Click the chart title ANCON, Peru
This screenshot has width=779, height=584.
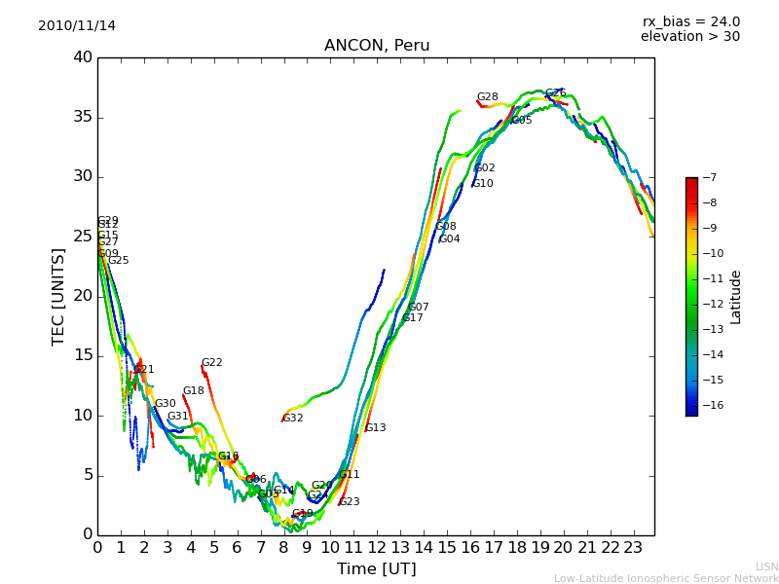[x=377, y=46]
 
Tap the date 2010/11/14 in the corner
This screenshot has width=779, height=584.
[x=77, y=25]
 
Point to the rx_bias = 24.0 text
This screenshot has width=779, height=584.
[x=690, y=21]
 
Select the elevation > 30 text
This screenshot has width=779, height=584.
[x=690, y=37]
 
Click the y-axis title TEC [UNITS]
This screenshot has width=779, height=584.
[x=58, y=296]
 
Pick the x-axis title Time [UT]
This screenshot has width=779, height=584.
[x=376, y=568]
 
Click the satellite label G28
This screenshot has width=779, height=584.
[x=487, y=97]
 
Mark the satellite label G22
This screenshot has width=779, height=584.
[x=211, y=363]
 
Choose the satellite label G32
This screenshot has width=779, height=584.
[x=293, y=419]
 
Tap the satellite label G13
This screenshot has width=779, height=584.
[x=375, y=428]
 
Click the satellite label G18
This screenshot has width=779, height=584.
[x=193, y=391]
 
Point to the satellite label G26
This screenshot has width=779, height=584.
[x=555, y=93]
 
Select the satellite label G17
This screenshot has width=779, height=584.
[x=413, y=318]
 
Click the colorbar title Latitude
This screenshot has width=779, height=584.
[x=736, y=297]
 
